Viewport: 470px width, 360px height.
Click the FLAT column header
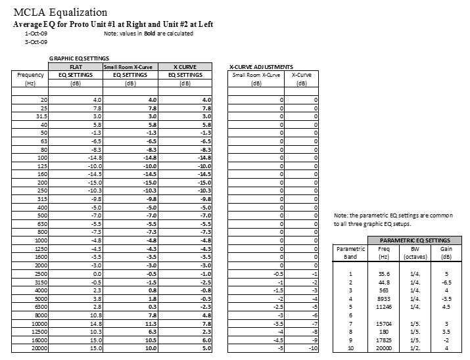point(75,67)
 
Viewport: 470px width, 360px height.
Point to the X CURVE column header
point(185,67)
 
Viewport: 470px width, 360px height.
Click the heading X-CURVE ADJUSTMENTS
point(261,67)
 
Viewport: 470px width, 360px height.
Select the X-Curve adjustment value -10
point(314,348)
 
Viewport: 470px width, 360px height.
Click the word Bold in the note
point(151,33)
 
